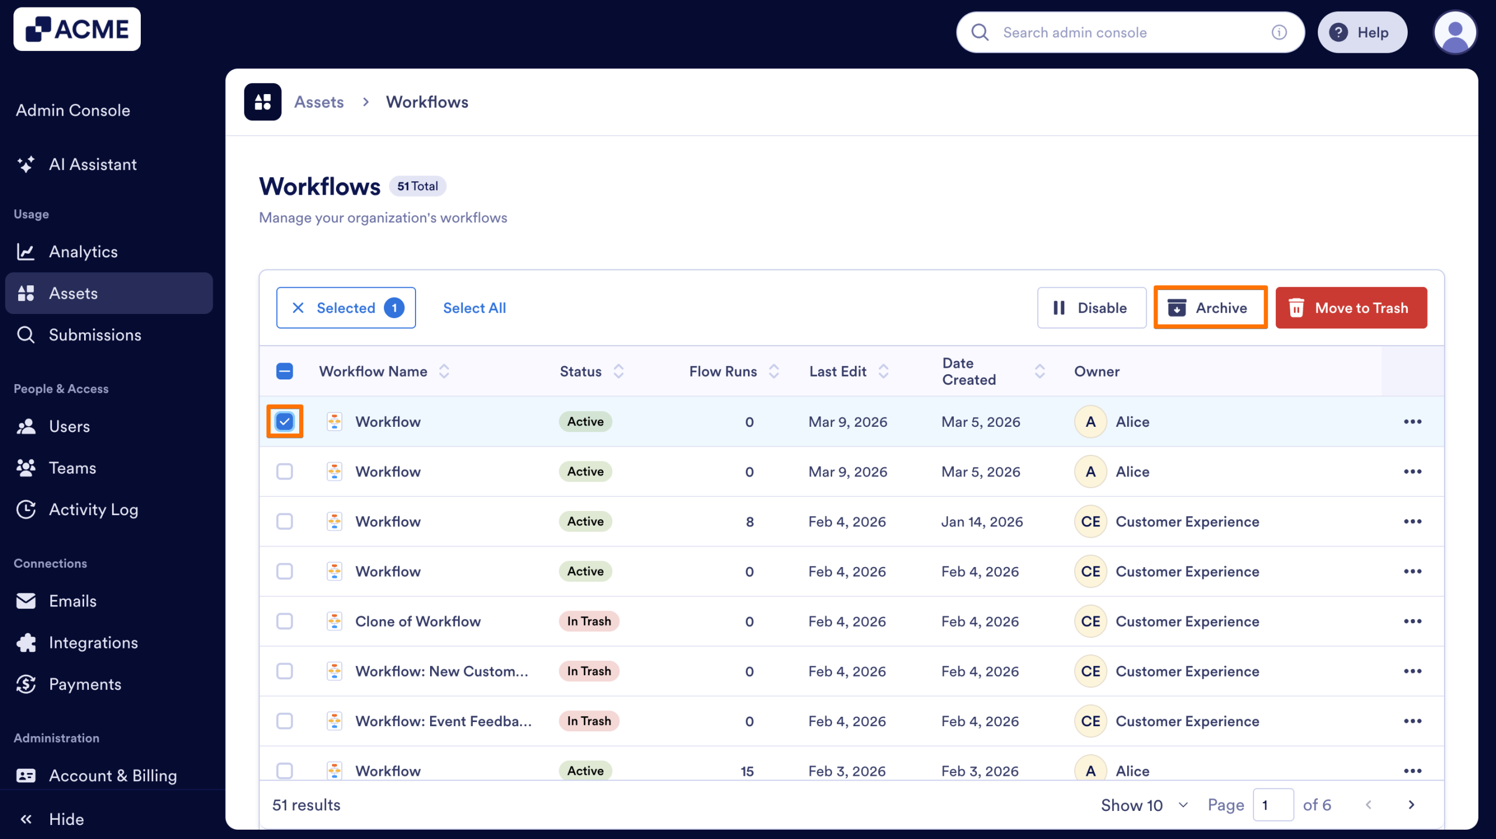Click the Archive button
tap(1210, 308)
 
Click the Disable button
tap(1090, 308)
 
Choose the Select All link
tap(474, 308)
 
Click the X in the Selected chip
tap(298, 308)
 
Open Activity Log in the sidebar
tap(93, 509)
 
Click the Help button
tap(1362, 33)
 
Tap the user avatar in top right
tap(1454, 33)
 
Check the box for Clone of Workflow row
tap(285, 621)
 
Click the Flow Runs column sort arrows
tap(774, 371)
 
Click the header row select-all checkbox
tap(285, 371)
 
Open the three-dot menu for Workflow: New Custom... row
tap(1412, 671)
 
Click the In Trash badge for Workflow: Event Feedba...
tap(588, 721)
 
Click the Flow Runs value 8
tap(749, 522)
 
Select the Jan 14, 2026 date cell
tap(982, 522)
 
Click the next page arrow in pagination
tap(1411, 805)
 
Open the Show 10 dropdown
tap(1144, 805)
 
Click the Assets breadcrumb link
tap(318, 102)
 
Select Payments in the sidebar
tap(85, 684)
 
